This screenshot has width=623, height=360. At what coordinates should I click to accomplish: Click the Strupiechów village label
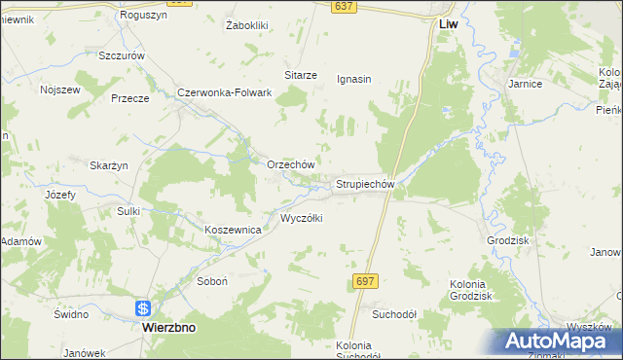click(x=364, y=183)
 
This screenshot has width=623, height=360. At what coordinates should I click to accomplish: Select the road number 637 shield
click(x=342, y=6)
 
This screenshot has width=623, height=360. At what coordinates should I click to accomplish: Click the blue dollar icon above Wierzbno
click(x=143, y=308)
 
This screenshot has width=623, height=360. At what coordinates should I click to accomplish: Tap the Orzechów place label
click(x=290, y=164)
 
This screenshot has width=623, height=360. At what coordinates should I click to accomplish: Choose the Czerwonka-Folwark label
click(x=223, y=93)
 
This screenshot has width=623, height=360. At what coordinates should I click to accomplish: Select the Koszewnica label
click(x=233, y=230)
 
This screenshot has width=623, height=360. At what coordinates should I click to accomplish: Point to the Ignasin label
click(x=354, y=79)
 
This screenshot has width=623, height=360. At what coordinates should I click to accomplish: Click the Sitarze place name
click(x=301, y=74)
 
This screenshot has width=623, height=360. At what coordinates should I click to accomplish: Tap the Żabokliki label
click(x=246, y=25)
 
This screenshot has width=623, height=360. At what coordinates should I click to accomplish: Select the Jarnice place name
click(x=525, y=85)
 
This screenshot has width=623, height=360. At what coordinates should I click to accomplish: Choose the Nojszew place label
click(x=58, y=90)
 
